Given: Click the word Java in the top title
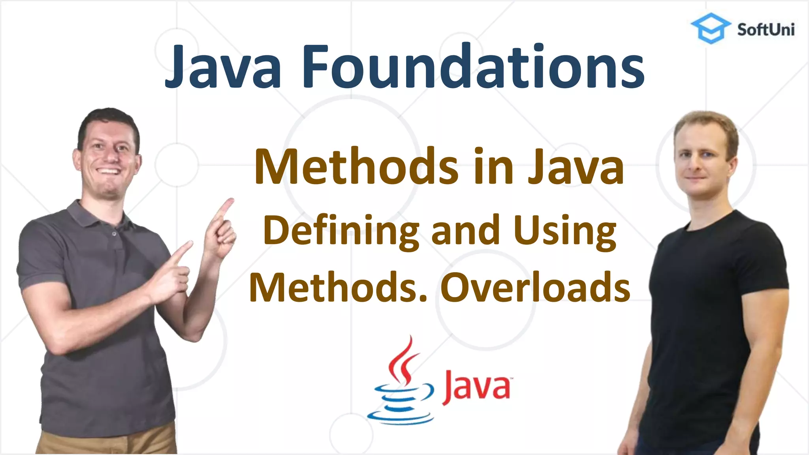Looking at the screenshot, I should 223,67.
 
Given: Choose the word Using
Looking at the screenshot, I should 565,231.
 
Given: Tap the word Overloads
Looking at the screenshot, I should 535,288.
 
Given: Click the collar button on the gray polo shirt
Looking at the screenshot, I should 114,234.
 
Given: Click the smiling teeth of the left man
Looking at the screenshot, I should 108,171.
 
